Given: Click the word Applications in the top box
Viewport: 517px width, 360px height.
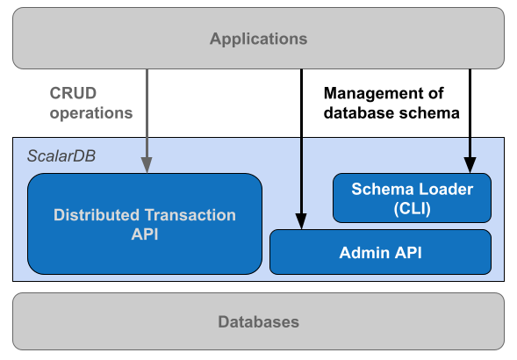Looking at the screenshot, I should [x=258, y=39].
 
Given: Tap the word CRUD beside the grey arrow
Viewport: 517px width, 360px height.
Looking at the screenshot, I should [x=73, y=92].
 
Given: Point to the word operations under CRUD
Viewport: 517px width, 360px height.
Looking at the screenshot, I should [x=91, y=112].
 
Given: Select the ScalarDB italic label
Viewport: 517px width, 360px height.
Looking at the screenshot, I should [x=61, y=155].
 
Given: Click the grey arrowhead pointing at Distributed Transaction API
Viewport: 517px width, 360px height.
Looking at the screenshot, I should [x=147, y=164].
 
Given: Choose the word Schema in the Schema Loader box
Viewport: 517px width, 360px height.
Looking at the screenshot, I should [x=380, y=189].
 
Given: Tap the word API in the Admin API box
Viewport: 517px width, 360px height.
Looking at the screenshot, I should [x=407, y=253].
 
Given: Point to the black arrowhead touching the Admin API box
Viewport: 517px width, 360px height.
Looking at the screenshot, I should [x=301, y=221].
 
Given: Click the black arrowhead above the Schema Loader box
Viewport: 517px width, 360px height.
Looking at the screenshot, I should [x=470, y=164].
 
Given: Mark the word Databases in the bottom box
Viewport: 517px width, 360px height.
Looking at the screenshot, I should [x=258, y=321].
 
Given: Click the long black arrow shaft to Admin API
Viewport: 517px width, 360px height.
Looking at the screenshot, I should [x=301, y=176].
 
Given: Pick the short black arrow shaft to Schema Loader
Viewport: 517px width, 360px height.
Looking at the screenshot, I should [x=470, y=146].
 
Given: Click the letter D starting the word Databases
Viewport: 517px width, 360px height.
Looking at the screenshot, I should [x=223, y=321].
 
